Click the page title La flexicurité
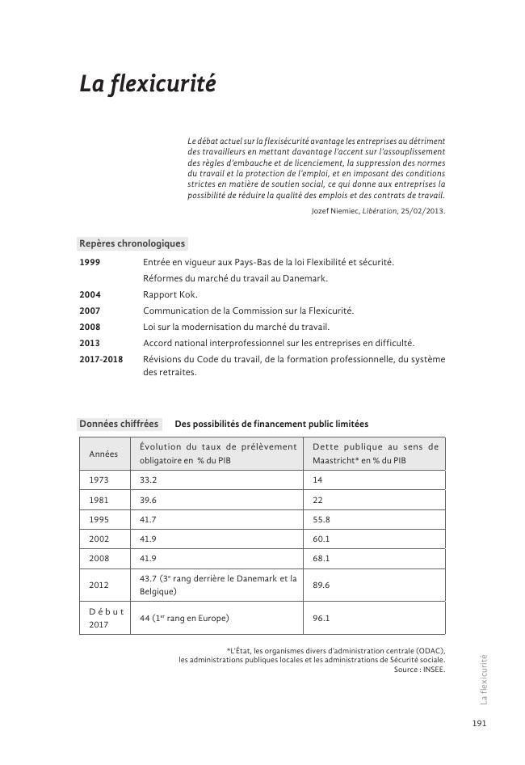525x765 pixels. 147,83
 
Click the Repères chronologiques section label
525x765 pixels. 132,243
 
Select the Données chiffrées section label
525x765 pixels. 119,424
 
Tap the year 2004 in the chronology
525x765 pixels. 90,294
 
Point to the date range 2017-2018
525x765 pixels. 101,359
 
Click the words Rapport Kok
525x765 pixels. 170,294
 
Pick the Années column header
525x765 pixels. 103,454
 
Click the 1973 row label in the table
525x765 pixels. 99,480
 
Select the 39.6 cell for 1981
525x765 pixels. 149,500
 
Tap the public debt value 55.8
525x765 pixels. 321,519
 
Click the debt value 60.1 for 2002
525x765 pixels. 321,539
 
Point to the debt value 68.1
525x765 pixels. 321,558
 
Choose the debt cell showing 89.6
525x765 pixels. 321,585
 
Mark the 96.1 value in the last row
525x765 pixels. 321,619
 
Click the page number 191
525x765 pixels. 478,724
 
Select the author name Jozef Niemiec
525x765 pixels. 339,211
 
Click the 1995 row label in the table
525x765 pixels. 99,519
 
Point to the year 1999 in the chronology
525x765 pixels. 90,262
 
